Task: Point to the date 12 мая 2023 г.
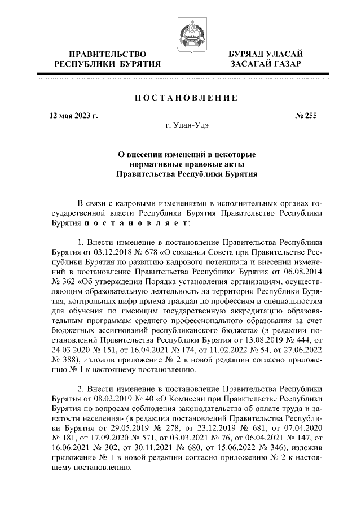coord(73,116)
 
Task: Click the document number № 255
coord(306,116)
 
